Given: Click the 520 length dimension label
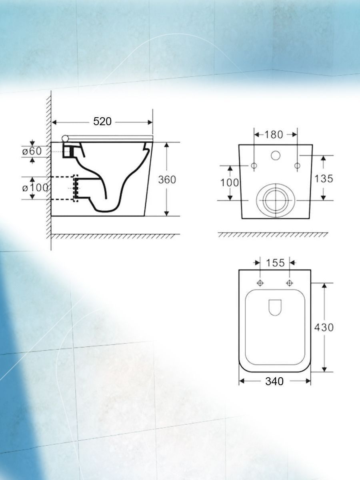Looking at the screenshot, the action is coord(102,121).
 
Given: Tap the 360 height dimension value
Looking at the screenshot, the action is coord(167,180).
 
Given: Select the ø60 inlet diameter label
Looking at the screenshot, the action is coord(32,151).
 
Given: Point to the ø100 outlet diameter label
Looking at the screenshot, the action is coord(35,188).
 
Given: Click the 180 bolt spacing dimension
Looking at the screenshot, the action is coord(274,135).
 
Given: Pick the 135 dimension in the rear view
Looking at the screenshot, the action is coord(324,178).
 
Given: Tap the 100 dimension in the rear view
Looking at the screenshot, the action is coord(230,182).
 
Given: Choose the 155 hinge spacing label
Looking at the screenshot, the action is coord(275,263).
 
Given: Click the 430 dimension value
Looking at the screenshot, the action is coord(324,327).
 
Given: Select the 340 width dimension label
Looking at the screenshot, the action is coord(274,381).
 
